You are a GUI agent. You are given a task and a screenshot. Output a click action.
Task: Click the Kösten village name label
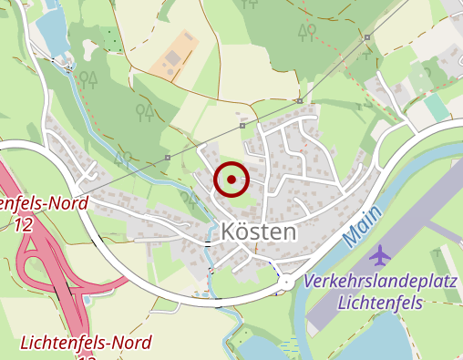[x=259, y=231]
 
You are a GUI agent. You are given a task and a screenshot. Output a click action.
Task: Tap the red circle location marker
[x=231, y=180]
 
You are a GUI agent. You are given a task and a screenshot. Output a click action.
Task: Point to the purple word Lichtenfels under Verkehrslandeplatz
[x=382, y=301]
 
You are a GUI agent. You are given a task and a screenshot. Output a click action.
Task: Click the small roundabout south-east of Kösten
[x=286, y=283]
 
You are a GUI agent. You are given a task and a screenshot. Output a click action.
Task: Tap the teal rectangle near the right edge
[x=437, y=108]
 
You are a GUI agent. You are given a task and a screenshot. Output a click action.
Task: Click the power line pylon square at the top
[x=366, y=37]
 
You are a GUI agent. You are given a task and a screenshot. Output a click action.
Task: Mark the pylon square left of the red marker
[x=169, y=158]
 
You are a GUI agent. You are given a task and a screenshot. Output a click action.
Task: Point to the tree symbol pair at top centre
[x=307, y=33]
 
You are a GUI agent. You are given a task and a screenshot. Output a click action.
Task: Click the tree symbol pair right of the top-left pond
[x=88, y=80]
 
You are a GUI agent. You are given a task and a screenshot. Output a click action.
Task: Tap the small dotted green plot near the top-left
[x=111, y=39]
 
